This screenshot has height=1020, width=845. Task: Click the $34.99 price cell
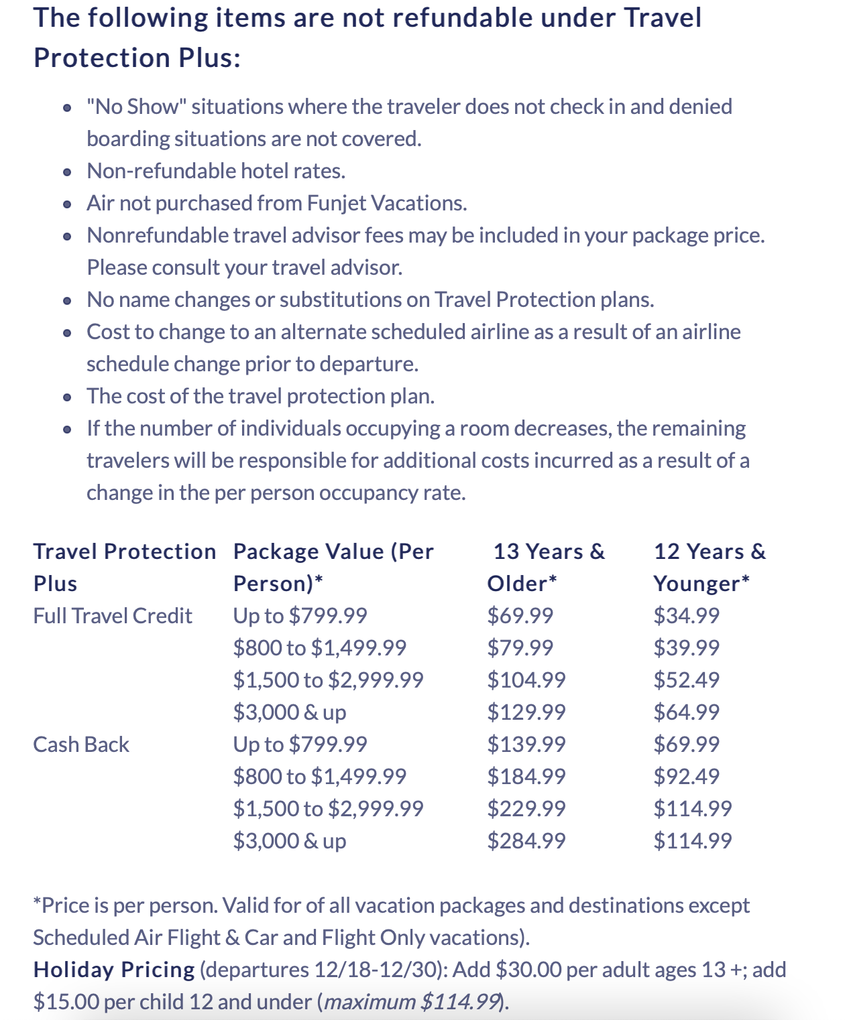click(686, 615)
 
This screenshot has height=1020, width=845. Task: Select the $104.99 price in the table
click(526, 680)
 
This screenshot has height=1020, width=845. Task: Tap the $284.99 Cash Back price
click(526, 840)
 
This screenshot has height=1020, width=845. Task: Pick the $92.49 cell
click(686, 776)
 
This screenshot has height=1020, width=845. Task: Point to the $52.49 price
click(686, 680)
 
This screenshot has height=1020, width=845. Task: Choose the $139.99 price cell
click(526, 744)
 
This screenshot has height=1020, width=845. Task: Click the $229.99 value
click(526, 808)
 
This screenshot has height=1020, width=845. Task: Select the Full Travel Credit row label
click(113, 615)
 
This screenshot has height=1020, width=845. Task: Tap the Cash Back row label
click(81, 744)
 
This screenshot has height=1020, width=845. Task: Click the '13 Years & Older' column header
click(546, 567)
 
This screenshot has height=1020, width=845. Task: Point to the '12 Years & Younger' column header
click(709, 567)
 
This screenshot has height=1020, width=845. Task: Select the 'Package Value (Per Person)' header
click(333, 567)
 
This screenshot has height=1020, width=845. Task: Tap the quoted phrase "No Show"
click(135, 107)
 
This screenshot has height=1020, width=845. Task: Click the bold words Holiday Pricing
click(114, 969)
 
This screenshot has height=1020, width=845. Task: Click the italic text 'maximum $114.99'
click(412, 1001)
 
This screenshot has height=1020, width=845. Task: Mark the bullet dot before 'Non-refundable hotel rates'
click(67, 172)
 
